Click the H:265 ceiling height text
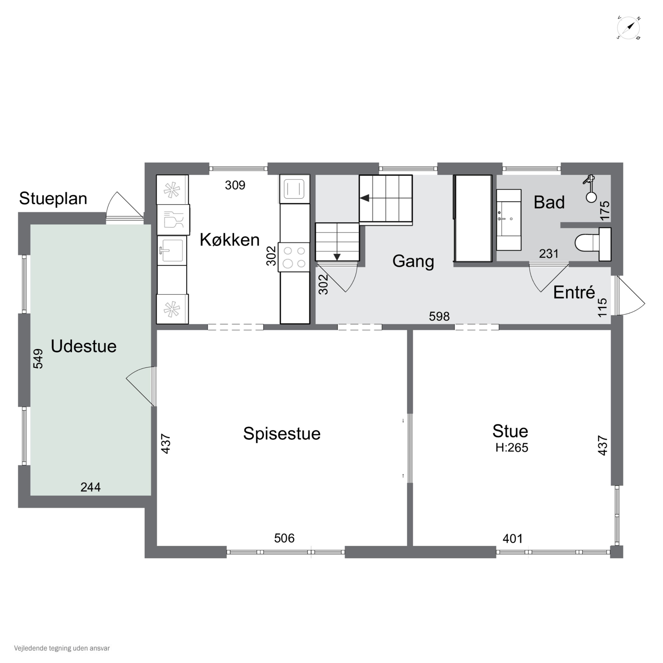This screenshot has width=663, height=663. coord(512,448)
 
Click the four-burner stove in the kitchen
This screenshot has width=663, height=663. coord(294,257)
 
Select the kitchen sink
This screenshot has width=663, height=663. coord(171,250)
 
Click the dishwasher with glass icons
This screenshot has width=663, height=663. coord(173,220)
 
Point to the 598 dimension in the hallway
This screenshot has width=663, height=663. coord(439,316)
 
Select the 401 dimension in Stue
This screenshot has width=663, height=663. coord(513,538)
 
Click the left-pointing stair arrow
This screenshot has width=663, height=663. coord(364,198)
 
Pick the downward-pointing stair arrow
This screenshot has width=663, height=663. coord(337,257)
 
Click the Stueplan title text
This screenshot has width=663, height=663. coord(53,198)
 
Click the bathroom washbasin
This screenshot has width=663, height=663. coord(509,220)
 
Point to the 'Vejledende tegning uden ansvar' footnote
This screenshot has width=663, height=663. coord(62,648)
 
